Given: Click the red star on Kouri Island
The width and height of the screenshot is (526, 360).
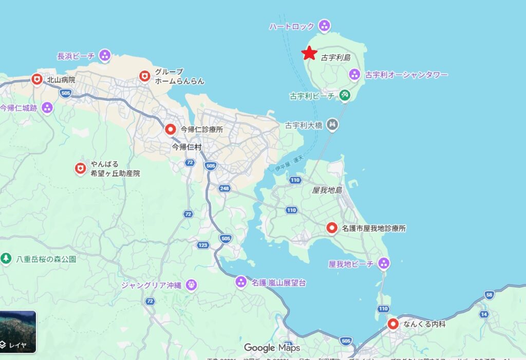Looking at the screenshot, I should (x=309, y=53).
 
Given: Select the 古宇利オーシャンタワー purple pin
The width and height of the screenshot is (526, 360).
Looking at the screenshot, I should (x=354, y=74).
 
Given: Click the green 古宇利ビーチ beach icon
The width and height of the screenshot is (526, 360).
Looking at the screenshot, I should (x=344, y=95).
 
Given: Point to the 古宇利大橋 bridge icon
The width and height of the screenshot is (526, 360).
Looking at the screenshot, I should (x=333, y=124).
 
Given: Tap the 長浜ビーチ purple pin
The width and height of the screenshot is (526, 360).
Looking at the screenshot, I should (x=105, y=55).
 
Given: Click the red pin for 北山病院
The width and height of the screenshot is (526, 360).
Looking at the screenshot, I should (x=36, y=80).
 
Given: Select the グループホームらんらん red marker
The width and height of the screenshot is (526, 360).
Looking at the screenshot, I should (x=145, y=77).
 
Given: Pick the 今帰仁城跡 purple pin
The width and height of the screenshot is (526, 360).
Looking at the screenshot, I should (x=47, y=107).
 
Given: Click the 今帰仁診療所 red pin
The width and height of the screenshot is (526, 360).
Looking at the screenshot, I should (x=170, y=130).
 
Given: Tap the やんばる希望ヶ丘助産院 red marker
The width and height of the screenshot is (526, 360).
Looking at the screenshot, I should (x=80, y=168).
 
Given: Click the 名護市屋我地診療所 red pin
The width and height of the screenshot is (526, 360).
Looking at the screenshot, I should (x=332, y=228).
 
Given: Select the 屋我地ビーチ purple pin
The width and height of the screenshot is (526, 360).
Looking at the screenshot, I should (x=383, y=264).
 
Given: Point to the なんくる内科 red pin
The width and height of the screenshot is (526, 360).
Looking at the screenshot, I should (x=393, y=324).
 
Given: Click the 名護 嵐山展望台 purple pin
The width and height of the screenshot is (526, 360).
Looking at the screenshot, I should (x=241, y=282).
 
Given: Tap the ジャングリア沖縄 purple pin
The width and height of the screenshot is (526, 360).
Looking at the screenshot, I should (x=192, y=284).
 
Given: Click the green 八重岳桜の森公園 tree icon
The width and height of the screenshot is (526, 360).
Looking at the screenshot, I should (x=6, y=258).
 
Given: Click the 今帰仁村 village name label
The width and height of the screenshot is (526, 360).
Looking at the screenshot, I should (x=186, y=147).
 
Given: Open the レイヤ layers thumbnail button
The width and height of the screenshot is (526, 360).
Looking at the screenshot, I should (x=18, y=332).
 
